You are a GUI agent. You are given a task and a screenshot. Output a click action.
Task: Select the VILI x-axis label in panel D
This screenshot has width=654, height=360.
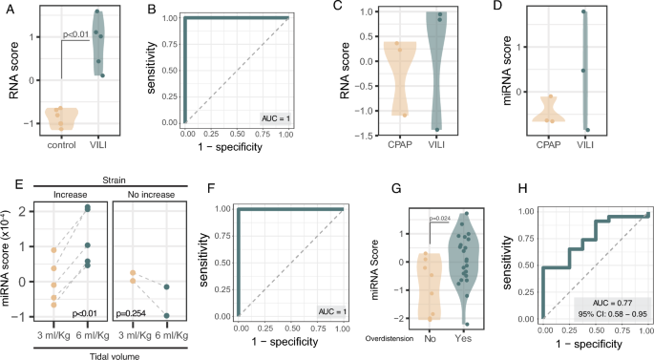[x=584, y=144]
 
